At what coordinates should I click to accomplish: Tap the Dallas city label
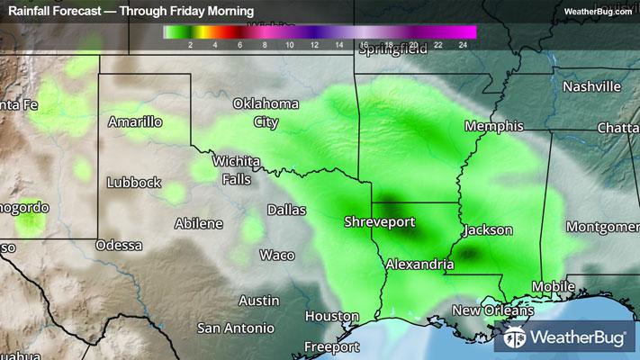click(285, 211)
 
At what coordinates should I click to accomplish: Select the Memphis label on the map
click(494, 126)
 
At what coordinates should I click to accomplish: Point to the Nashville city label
click(591, 87)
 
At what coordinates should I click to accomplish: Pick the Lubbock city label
click(133, 182)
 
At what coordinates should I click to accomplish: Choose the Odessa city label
click(119, 245)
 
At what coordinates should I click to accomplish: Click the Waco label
click(276, 255)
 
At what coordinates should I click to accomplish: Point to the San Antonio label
click(234, 327)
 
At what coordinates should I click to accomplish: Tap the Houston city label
click(331, 316)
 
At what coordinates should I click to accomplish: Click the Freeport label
click(331, 346)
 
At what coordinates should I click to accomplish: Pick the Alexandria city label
click(419, 265)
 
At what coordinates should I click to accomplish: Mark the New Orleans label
click(492, 310)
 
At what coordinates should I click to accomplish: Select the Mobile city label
click(552, 287)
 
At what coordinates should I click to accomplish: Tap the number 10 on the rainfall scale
click(289, 43)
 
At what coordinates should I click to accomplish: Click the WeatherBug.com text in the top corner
click(598, 11)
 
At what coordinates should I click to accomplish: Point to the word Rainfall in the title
click(32, 11)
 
